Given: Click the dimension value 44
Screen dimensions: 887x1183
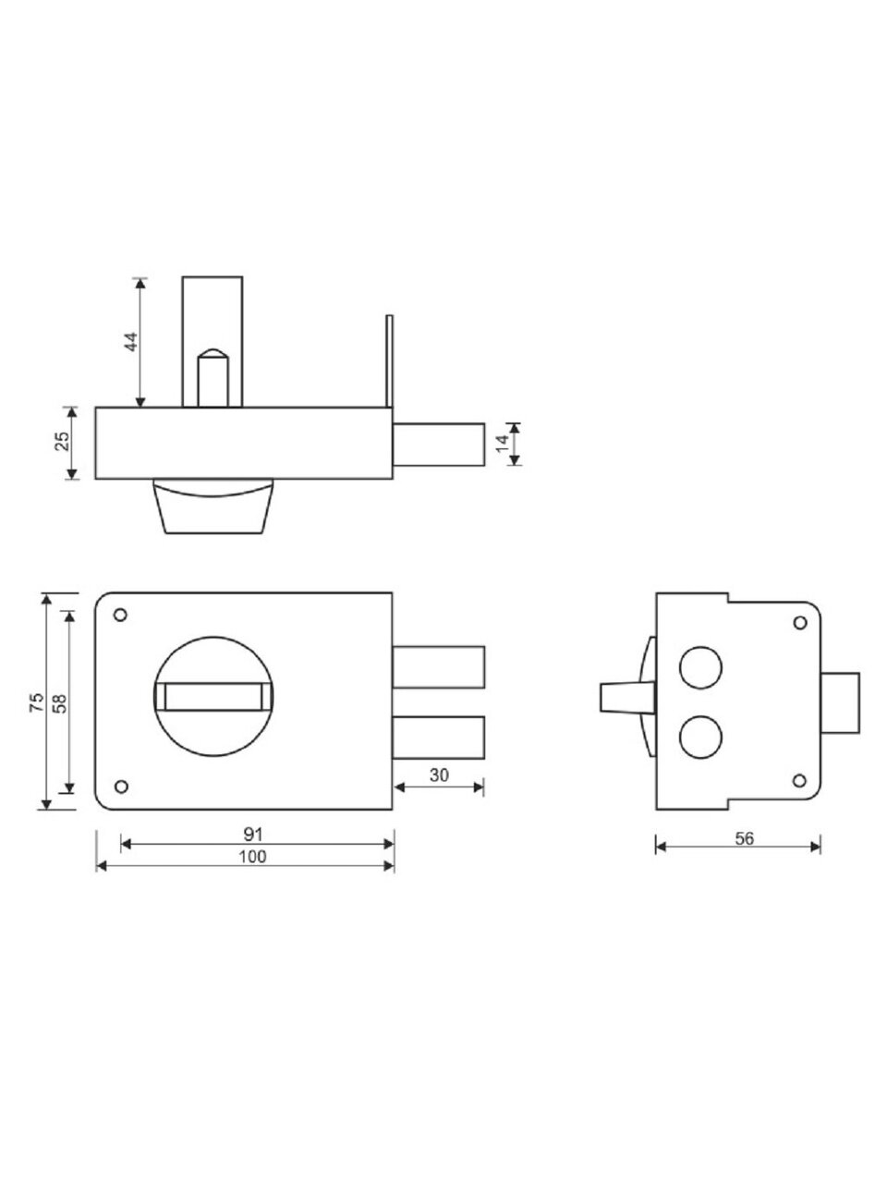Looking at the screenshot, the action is [x=131, y=342].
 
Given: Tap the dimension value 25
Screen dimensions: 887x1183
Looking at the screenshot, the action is [x=63, y=441].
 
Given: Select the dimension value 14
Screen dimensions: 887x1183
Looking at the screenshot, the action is [x=502, y=443].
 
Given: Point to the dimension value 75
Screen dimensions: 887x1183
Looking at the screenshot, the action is [x=37, y=702].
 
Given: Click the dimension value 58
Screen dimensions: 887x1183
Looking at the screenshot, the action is [x=60, y=702].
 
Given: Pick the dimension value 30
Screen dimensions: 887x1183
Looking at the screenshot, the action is [x=439, y=775].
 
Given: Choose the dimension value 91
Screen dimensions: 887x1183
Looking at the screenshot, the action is [x=253, y=835].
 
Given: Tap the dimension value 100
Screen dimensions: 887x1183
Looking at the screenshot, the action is [x=252, y=857].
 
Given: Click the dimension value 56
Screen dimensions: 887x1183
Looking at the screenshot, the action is [x=745, y=838].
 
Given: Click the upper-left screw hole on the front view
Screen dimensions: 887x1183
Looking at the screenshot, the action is [x=121, y=615].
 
